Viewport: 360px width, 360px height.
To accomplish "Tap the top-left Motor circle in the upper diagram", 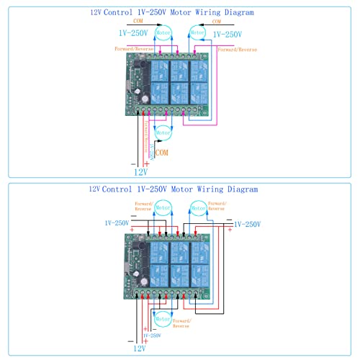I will click(x=164, y=33).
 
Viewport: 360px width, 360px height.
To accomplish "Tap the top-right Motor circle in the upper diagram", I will click(x=197, y=33).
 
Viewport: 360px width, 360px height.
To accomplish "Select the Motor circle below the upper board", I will click(x=163, y=132).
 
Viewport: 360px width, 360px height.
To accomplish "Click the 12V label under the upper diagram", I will click(x=140, y=172).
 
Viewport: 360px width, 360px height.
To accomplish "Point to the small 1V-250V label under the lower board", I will click(x=153, y=336).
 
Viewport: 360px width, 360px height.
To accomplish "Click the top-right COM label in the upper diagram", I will click(x=217, y=22).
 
